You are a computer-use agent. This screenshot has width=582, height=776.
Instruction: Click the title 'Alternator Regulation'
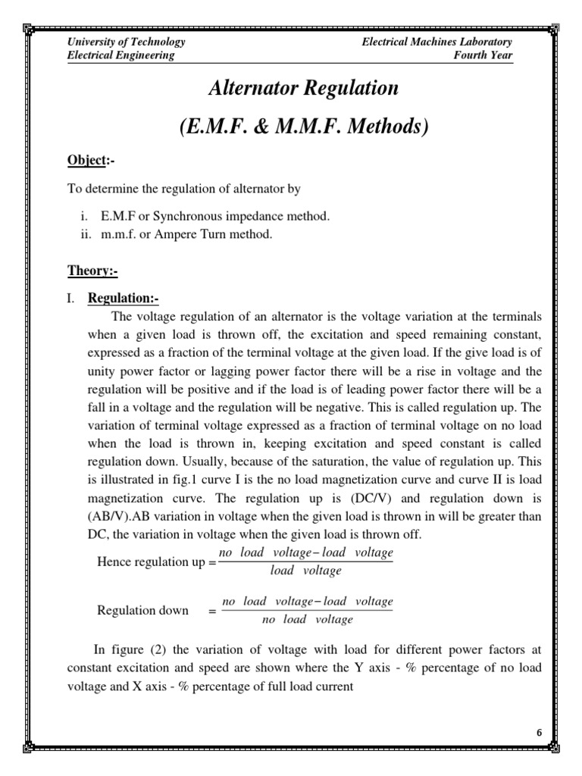click(x=303, y=88)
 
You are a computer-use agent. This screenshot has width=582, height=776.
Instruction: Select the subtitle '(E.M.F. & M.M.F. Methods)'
click(x=304, y=127)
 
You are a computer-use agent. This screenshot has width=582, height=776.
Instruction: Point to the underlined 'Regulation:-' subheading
click(x=124, y=297)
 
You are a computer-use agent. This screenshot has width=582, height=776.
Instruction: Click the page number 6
click(x=539, y=732)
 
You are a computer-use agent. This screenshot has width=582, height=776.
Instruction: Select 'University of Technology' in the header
click(x=127, y=42)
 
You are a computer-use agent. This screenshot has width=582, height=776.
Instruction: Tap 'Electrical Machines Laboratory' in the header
click(x=437, y=42)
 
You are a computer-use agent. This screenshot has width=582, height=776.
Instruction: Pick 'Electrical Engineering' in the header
click(x=121, y=55)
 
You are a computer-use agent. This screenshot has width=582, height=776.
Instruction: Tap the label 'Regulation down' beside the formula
click(x=143, y=611)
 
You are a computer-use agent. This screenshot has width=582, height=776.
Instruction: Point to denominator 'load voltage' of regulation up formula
click(x=306, y=571)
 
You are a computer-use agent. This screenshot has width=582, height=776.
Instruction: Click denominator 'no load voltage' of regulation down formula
click(x=308, y=620)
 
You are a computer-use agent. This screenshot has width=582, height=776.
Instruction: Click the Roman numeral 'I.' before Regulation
click(x=71, y=298)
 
